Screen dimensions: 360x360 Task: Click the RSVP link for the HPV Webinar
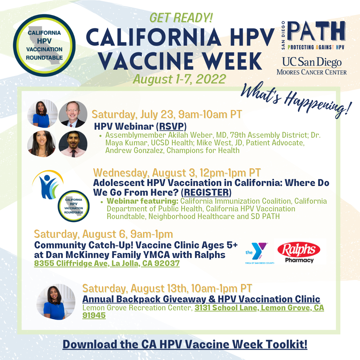[172, 127]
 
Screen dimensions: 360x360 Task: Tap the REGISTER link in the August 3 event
[206, 192]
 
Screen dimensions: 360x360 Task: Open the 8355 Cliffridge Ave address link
[107, 263]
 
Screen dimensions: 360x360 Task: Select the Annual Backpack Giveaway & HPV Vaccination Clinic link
[201, 299]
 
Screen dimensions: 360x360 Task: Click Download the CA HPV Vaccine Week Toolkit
[185, 344]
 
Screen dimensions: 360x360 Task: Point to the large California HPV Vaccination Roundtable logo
[44, 45]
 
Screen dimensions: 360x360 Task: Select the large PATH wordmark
[316, 31]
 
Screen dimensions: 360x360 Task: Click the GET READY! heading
[181, 18]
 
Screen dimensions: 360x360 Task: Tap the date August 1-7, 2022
[180, 79]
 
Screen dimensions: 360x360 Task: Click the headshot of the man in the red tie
[73, 114]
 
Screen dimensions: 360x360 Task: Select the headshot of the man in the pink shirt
[73, 144]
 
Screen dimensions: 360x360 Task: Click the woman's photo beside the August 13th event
[56, 302]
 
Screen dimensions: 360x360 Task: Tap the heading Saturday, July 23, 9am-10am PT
[167, 114]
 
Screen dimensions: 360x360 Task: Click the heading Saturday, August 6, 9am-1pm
[103, 234]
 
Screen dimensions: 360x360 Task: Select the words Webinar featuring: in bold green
[143, 201]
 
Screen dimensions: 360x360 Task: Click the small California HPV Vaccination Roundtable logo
[73, 206]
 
